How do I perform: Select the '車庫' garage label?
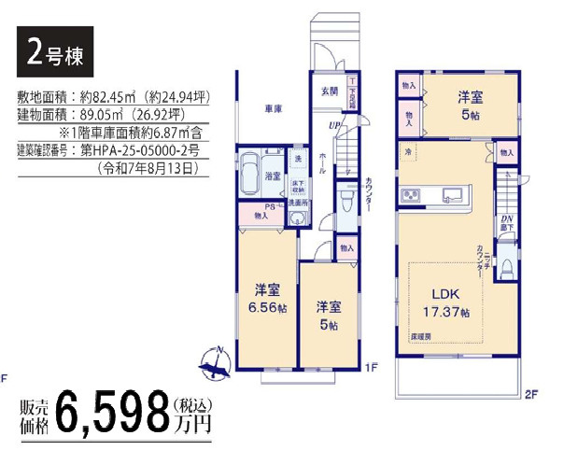273,108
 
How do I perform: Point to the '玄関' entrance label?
330,91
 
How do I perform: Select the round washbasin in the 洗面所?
297,220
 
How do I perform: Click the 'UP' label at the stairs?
331,124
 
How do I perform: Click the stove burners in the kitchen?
412,195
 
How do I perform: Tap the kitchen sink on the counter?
453,195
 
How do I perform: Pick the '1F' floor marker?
370,368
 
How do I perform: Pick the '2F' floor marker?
531,394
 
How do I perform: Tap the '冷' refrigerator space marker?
409,151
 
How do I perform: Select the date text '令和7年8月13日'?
150,169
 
